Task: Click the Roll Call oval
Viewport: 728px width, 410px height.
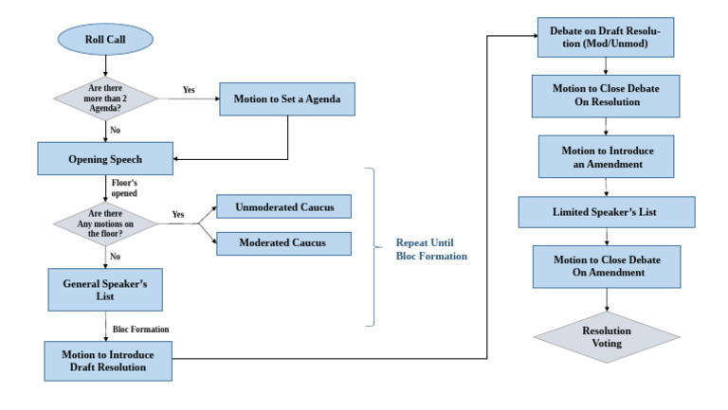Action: (103, 43)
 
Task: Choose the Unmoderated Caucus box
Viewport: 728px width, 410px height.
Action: (283, 207)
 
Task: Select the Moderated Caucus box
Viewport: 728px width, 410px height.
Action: (283, 242)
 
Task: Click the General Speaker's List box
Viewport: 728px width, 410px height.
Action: (104, 289)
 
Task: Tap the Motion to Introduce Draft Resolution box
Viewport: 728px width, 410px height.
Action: (108, 361)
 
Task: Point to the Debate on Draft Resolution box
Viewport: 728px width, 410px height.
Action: (606, 38)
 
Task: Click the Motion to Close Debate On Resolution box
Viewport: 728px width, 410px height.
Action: (606, 97)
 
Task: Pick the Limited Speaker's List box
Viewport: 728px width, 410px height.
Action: (606, 212)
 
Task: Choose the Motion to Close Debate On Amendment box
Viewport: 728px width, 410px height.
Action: (606, 267)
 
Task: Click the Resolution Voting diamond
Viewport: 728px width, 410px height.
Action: (607, 337)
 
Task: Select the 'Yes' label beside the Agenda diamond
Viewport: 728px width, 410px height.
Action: (188, 91)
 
